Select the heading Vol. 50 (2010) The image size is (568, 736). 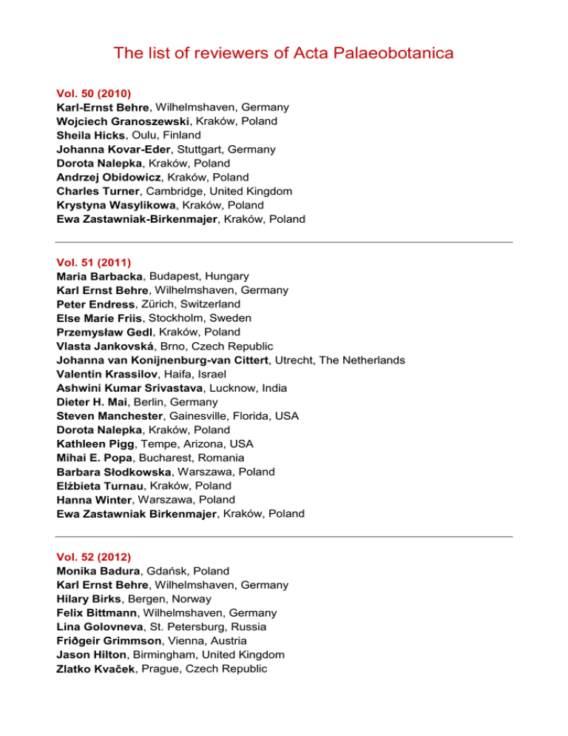coord(94,94)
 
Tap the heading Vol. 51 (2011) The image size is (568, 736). coord(94,262)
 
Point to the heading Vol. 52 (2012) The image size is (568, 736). coord(94,556)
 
